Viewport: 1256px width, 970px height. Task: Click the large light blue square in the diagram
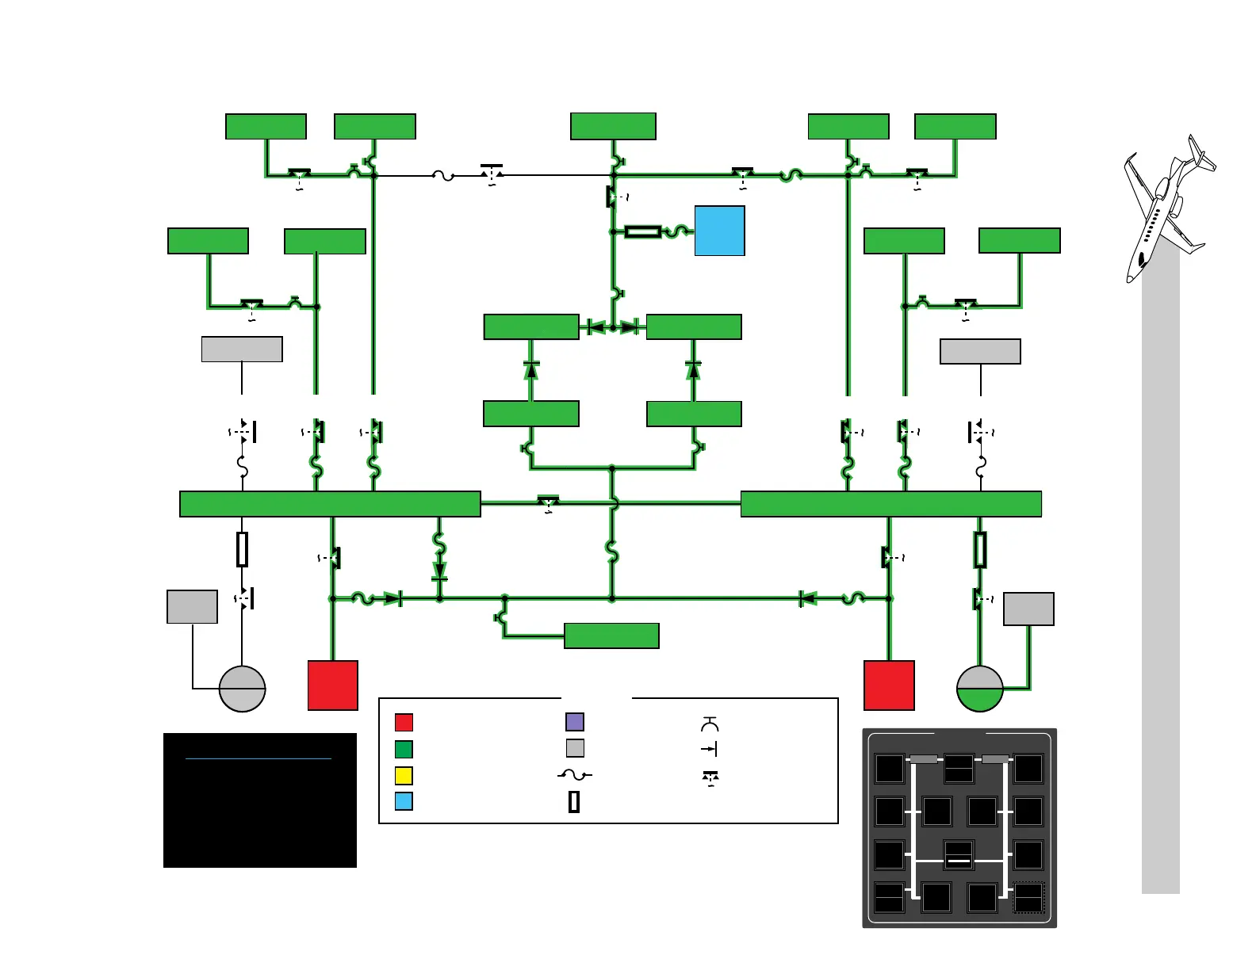[x=719, y=231]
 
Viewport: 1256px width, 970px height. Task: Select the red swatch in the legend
[x=404, y=722]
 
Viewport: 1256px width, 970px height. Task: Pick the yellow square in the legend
[x=404, y=775]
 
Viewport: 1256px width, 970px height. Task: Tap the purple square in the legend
[x=575, y=721]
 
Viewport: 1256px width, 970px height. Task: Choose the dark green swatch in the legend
[x=404, y=749]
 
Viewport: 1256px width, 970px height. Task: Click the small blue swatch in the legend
[x=404, y=801]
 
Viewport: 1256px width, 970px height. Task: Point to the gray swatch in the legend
[x=575, y=747]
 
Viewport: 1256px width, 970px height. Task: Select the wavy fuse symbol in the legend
[x=575, y=775]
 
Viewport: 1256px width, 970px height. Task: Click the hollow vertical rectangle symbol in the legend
[x=574, y=802]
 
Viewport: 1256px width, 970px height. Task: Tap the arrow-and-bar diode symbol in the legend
[x=709, y=749]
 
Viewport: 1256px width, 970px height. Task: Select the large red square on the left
[x=332, y=685]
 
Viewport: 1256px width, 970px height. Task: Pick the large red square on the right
[x=889, y=685]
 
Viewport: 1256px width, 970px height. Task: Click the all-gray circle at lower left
[x=242, y=689]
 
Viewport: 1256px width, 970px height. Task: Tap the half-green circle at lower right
[x=980, y=689]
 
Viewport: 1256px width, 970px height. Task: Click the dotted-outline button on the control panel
[x=1028, y=898]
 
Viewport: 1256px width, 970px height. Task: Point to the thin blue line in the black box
[x=258, y=758]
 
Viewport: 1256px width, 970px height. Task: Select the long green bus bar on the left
[x=330, y=504]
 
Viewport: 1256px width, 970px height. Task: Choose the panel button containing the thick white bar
[x=959, y=856]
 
